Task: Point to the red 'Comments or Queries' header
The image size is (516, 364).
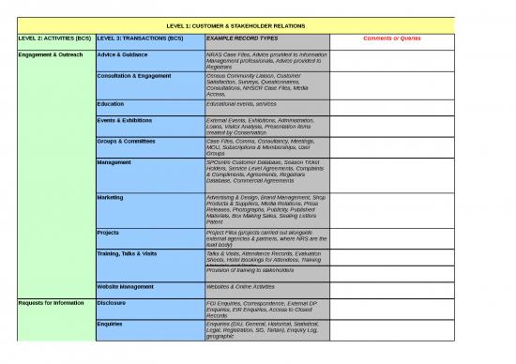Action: tap(390, 38)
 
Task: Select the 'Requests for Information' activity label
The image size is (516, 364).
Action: tap(48, 304)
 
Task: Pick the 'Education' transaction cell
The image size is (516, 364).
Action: tap(111, 104)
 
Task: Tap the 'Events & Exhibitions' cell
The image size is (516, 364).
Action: tap(126, 120)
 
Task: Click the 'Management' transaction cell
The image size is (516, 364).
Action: tap(114, 162)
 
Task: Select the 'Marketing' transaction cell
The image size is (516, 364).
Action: tap(111, 198)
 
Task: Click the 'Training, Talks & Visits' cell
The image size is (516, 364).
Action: tap(133, 254)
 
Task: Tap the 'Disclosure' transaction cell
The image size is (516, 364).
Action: tap(112, 304)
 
